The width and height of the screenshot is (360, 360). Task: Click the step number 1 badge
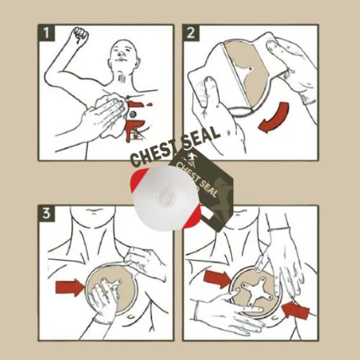pyautogui.click(x=46, y=33)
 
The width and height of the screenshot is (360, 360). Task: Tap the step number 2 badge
pyautogui.click(x=191, y=32)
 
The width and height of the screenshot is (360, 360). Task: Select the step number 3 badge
pyautogui.click(x=46, y=213)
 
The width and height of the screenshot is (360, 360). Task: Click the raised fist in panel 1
pyautogui.click(x=81, y=35)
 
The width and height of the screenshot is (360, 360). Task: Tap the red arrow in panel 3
pyautogui.click(x=70, y=287)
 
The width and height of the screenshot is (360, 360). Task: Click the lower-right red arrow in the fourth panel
pyautogui.click(x=296, y=310)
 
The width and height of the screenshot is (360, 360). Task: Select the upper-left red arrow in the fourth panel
pyautogui.click(x=217, y=279)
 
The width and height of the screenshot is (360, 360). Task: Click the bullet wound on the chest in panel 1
pyautogui.click(x=133, y=114)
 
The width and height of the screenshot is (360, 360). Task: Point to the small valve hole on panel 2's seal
pyautogui.click(x=251, y=68)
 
